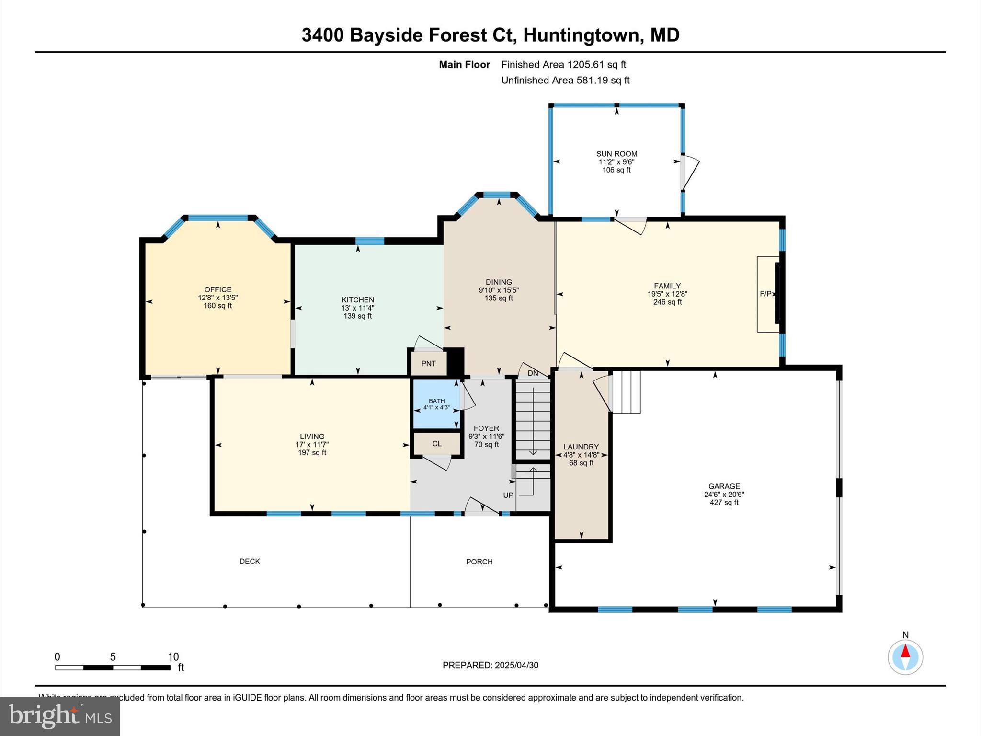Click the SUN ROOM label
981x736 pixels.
coord(616,154)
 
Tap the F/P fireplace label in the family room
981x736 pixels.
coord(765,294)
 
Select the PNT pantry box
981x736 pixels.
coord(429,364)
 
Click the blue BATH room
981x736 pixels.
coord(436,404)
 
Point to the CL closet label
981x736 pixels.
coord(437,444)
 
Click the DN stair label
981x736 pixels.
coord(533,373)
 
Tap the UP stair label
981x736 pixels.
coord(508,495)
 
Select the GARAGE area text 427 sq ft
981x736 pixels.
coord(724,503)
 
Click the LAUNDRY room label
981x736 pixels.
coord(581,446)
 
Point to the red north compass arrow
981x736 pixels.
coord(905,651)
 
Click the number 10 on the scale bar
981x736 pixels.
coord(173,657)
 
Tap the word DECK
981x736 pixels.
coord(250,561)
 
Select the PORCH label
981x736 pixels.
coord(479,562)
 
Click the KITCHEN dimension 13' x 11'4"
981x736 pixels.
coord(357,308)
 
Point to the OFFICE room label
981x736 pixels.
coord(218,289)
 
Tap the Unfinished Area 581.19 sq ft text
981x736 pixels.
coord(565,80)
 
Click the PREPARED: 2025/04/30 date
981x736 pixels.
coord(490,665)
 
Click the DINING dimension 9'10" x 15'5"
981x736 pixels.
coord(499,290)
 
